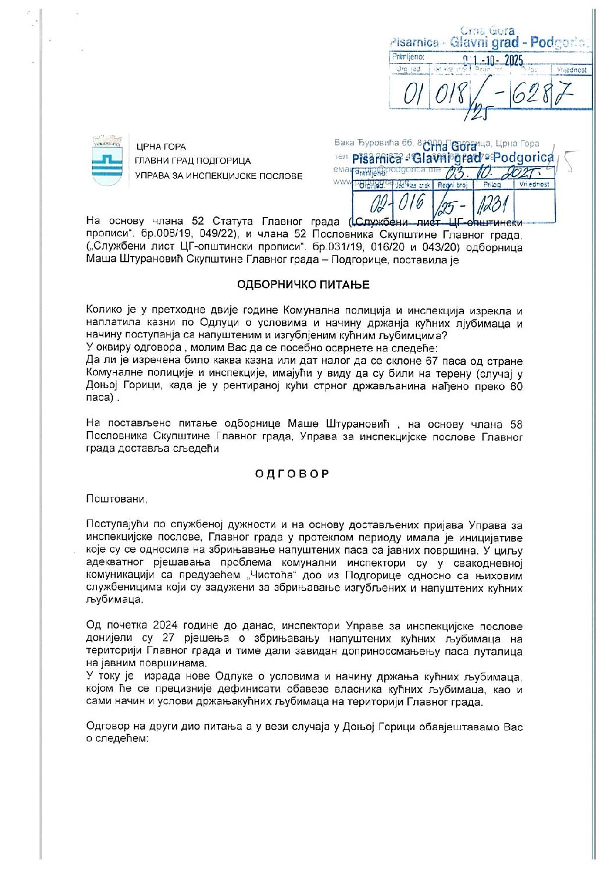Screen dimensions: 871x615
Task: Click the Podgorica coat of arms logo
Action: [107, 162]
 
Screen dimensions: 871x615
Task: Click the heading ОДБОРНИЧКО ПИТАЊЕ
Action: [303, 285]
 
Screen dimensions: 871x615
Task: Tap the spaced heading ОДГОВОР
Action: [292, 474]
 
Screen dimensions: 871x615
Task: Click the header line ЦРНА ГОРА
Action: [161, 147]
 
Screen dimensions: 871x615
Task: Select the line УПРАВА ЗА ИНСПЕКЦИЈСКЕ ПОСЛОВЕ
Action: [219, 176]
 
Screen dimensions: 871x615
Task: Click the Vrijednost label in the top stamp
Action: [571, 70]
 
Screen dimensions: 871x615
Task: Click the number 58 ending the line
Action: [516, 424]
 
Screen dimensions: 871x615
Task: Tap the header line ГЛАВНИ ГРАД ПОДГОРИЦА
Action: [193, 161]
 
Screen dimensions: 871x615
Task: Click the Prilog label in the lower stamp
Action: [492, 184]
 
